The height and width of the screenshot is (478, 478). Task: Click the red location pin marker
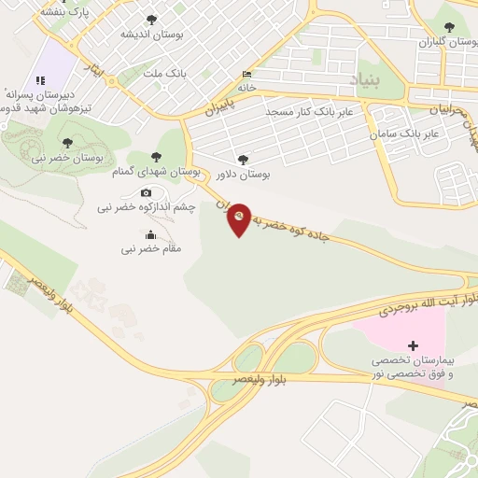pyautogui.click(x=240, y=218)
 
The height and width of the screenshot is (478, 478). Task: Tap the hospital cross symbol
pyautogui.click(x=414, y=345)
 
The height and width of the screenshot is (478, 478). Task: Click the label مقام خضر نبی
pyautogui.click(x=151, y=249)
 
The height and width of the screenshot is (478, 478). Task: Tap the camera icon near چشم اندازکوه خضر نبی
pyautogui.click(x=146, y=193)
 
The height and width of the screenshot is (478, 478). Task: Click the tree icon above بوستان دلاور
pyautogui.click(x=244, y=160)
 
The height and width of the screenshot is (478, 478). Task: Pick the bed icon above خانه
pyautogui.click(x=246, y=74)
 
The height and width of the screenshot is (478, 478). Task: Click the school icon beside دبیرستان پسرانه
pyautogui.click(x=39, y=81)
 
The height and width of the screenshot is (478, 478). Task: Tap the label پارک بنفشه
pyautogui.click(x=65, y=14)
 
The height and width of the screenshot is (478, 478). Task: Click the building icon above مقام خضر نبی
pyautogui.click(x=151, y=234)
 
